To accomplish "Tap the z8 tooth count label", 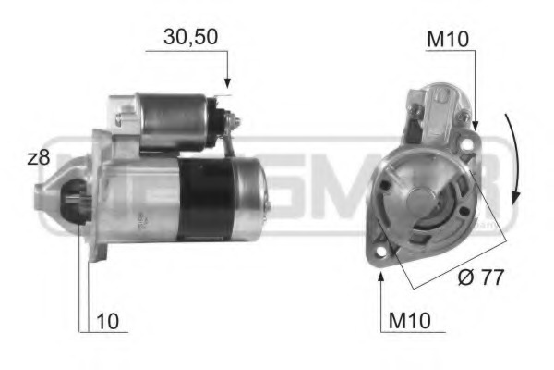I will click(x=38, y=158).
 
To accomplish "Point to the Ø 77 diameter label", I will click(x=482, y=277).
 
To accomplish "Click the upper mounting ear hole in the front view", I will click(x=469, y=142).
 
